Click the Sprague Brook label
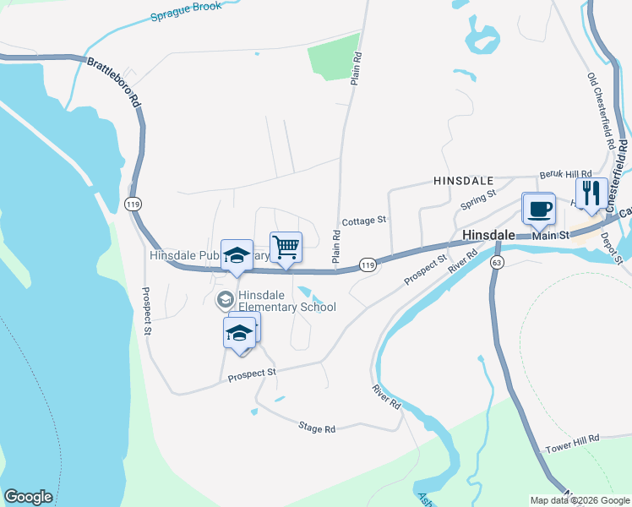point(186,11)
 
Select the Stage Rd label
point(317,429)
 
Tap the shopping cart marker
point(286,247)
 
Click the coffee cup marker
point(538,208)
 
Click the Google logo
point(28,497)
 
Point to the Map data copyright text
point(579,500)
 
